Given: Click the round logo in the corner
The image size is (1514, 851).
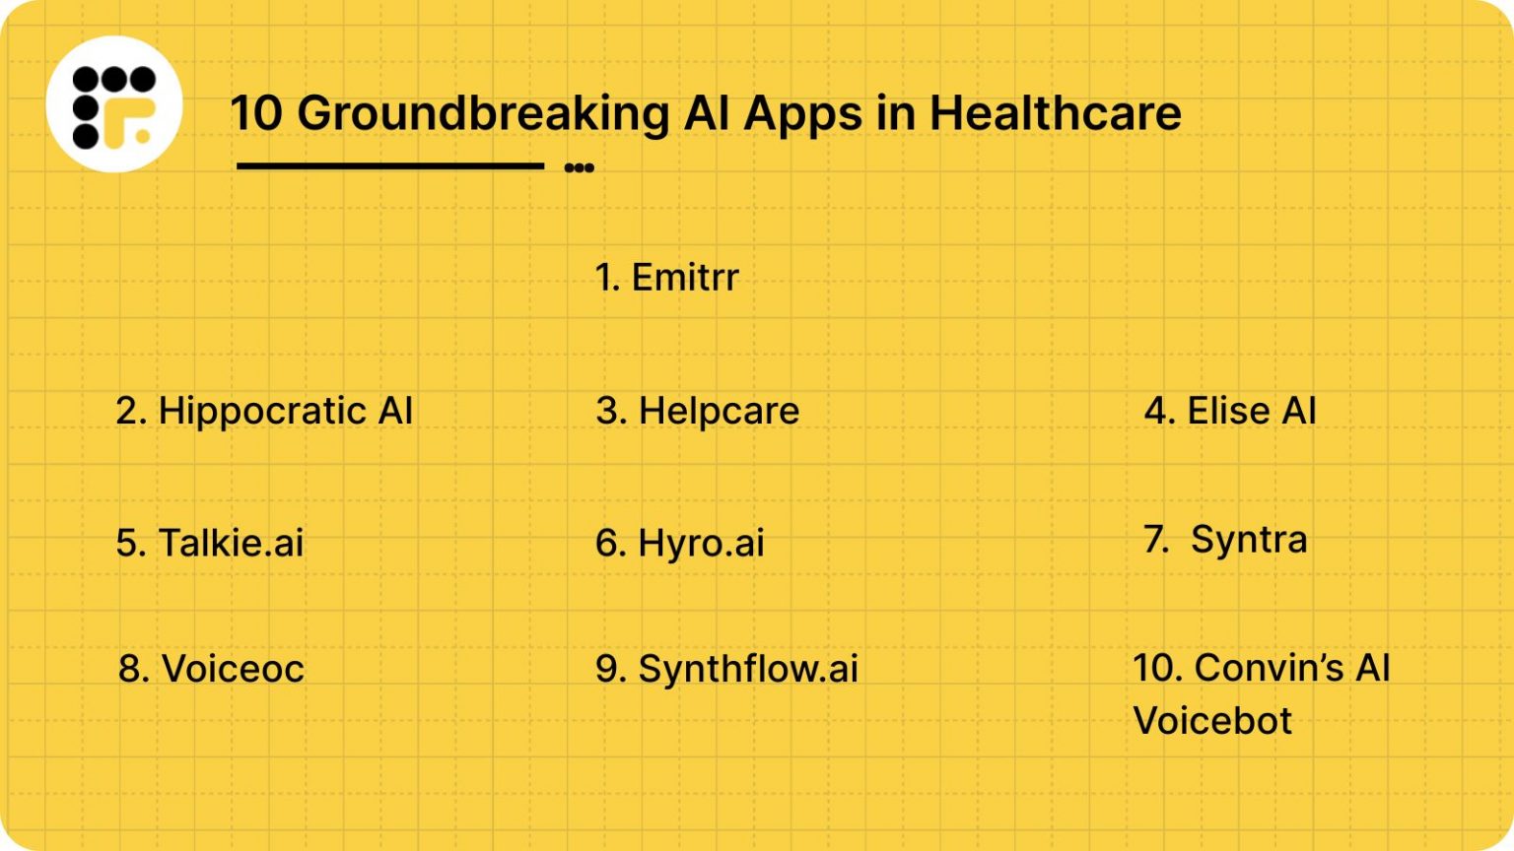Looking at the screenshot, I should (x=114, y=104).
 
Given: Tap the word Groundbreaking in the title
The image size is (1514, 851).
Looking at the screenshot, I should (x=483, y=113).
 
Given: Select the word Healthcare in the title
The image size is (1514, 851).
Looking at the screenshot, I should (x=1055, y=113).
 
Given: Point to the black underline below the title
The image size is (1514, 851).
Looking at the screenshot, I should (x=390, y=166).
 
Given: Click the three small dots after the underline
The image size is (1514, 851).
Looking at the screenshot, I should (x=579, y=167).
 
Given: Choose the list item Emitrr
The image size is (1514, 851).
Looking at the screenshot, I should (x=667, y=278).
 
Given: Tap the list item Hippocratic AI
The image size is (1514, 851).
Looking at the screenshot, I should (x=264, y=411).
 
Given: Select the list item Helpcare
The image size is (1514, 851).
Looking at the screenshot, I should (x=698, y=411).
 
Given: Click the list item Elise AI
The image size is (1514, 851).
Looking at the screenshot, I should (x=1230, y=411).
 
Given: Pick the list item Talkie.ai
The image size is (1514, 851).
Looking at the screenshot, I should (x=210, y=543).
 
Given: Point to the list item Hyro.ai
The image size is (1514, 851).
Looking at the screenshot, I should (x=680, y=543).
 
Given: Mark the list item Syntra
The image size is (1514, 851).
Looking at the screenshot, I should (x=1225, y=540).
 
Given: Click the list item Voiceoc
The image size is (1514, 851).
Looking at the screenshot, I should (x=211, y=669).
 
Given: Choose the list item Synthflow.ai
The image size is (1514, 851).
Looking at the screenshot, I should (x=727, y=669).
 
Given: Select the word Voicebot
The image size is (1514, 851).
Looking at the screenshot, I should (x=1212, y=721).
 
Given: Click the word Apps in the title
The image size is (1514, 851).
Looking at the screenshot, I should (x=802, y=113).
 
